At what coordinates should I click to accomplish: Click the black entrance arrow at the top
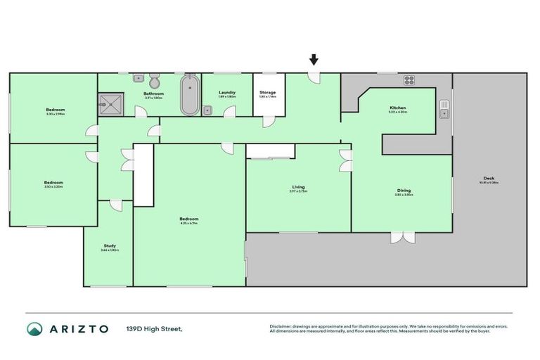pyautogui.click(x=314, y=61)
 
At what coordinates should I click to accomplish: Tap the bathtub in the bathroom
pyautogui.click(x=189, y=97)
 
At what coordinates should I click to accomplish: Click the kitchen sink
pyautogui.click(x=444, y=109)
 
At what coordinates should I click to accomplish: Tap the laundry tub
pyautogui.click(x=208, y=109)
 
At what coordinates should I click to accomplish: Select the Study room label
pyautogui.click(x=110, y=246)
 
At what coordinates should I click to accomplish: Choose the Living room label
pyautogui.click(x=298, y=187)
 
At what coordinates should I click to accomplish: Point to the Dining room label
pyautogui.click(x=403, y=191)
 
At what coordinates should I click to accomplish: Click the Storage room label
pyautogui.click(x=267, y=92)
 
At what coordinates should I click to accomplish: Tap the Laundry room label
pyautogui.click(x=226, y=92)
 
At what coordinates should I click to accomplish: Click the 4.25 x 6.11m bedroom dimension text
pyautogui.click(x=188, y=223)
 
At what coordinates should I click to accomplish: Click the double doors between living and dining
pyautogui.click(x=345, y=160)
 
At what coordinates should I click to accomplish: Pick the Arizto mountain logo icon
pyautogui.click(x=34, y=328)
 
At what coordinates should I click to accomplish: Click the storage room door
pyautogui.click(x=268, y=121)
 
